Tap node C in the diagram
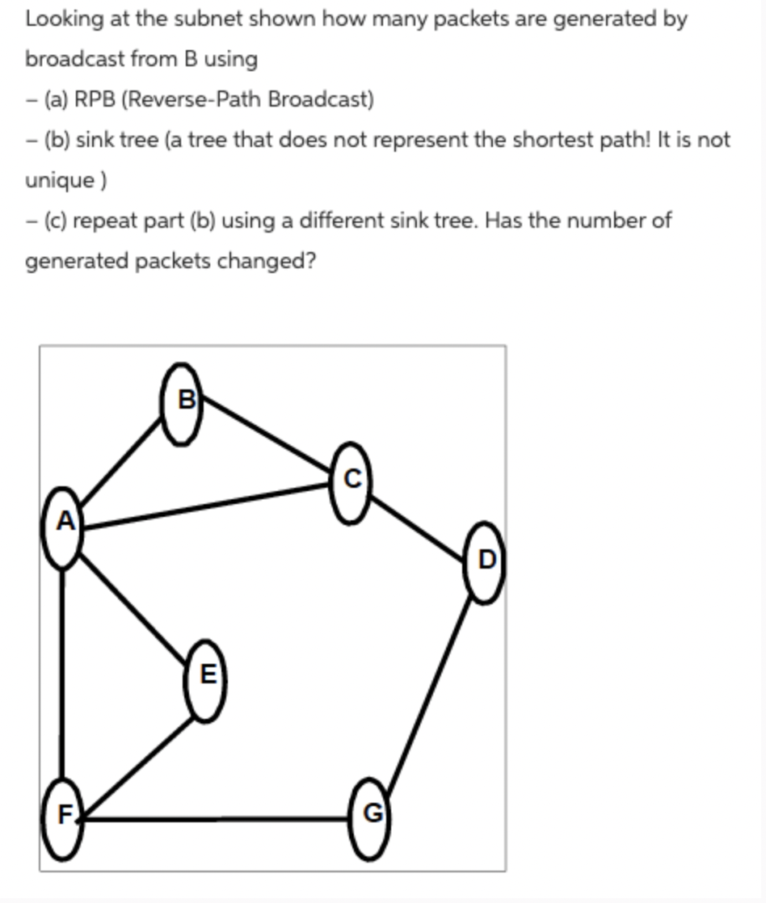click(351, 482)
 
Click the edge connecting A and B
click(121, 463)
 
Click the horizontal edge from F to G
click(218, 819)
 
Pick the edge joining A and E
click(134, 604)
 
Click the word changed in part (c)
click(263, 261)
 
